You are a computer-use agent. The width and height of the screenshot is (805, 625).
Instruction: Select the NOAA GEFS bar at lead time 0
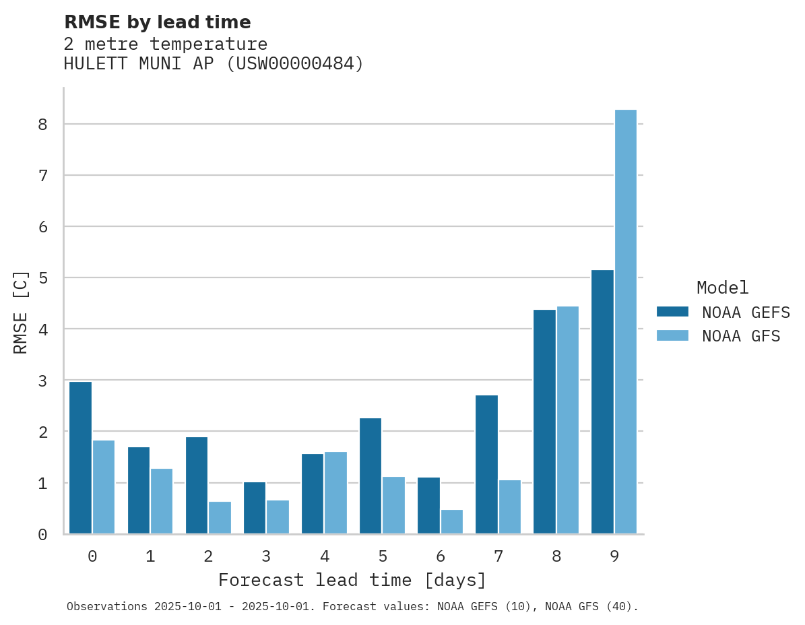pyautogui.click(x=80, y=458)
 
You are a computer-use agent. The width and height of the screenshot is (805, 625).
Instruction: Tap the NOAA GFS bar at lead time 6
pyautogui.click(x=452, y=522)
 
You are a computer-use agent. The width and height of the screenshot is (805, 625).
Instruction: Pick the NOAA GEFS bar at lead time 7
pyautogui.click(x=486, y=465)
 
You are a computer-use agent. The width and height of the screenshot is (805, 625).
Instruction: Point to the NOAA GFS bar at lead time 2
pyautogui.click(x=220, y=518)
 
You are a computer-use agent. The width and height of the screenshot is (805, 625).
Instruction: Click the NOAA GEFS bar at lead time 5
pyautogui.click(x=371, y=476)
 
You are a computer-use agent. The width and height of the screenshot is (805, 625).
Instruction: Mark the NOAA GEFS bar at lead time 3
pyautogui.click(x=255, y=508)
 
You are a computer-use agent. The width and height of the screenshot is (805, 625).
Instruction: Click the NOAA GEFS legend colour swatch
pyautogui.click(x=672, y=311)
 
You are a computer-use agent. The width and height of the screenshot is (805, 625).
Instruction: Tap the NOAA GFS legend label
pyautogui.click(x=741, y=336)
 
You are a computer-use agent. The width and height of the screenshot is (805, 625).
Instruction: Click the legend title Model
pyautogui.click(x=722, y=288)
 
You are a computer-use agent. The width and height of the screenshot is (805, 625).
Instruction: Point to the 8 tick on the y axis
pyautogui.click(x=42, y=125)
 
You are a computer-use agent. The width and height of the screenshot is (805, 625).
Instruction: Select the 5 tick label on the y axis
pyautogui.click(x=42, y=278)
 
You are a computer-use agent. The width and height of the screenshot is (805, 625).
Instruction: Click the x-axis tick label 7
pyautogui.click(x=498, y=556)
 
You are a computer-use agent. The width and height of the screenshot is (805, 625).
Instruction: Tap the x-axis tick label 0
pyautogui.click(x=92, y=556)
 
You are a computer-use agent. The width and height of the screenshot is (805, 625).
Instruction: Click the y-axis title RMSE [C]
pyautogui.click(x=21, y=312)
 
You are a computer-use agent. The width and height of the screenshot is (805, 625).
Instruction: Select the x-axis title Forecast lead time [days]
pyautogui.click(x=352, y=580)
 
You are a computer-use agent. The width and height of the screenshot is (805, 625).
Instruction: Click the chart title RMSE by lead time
pyautogui.click(x=157, y=22)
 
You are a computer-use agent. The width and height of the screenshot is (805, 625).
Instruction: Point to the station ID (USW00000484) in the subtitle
pyautogui.click(x=295, y=64)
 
